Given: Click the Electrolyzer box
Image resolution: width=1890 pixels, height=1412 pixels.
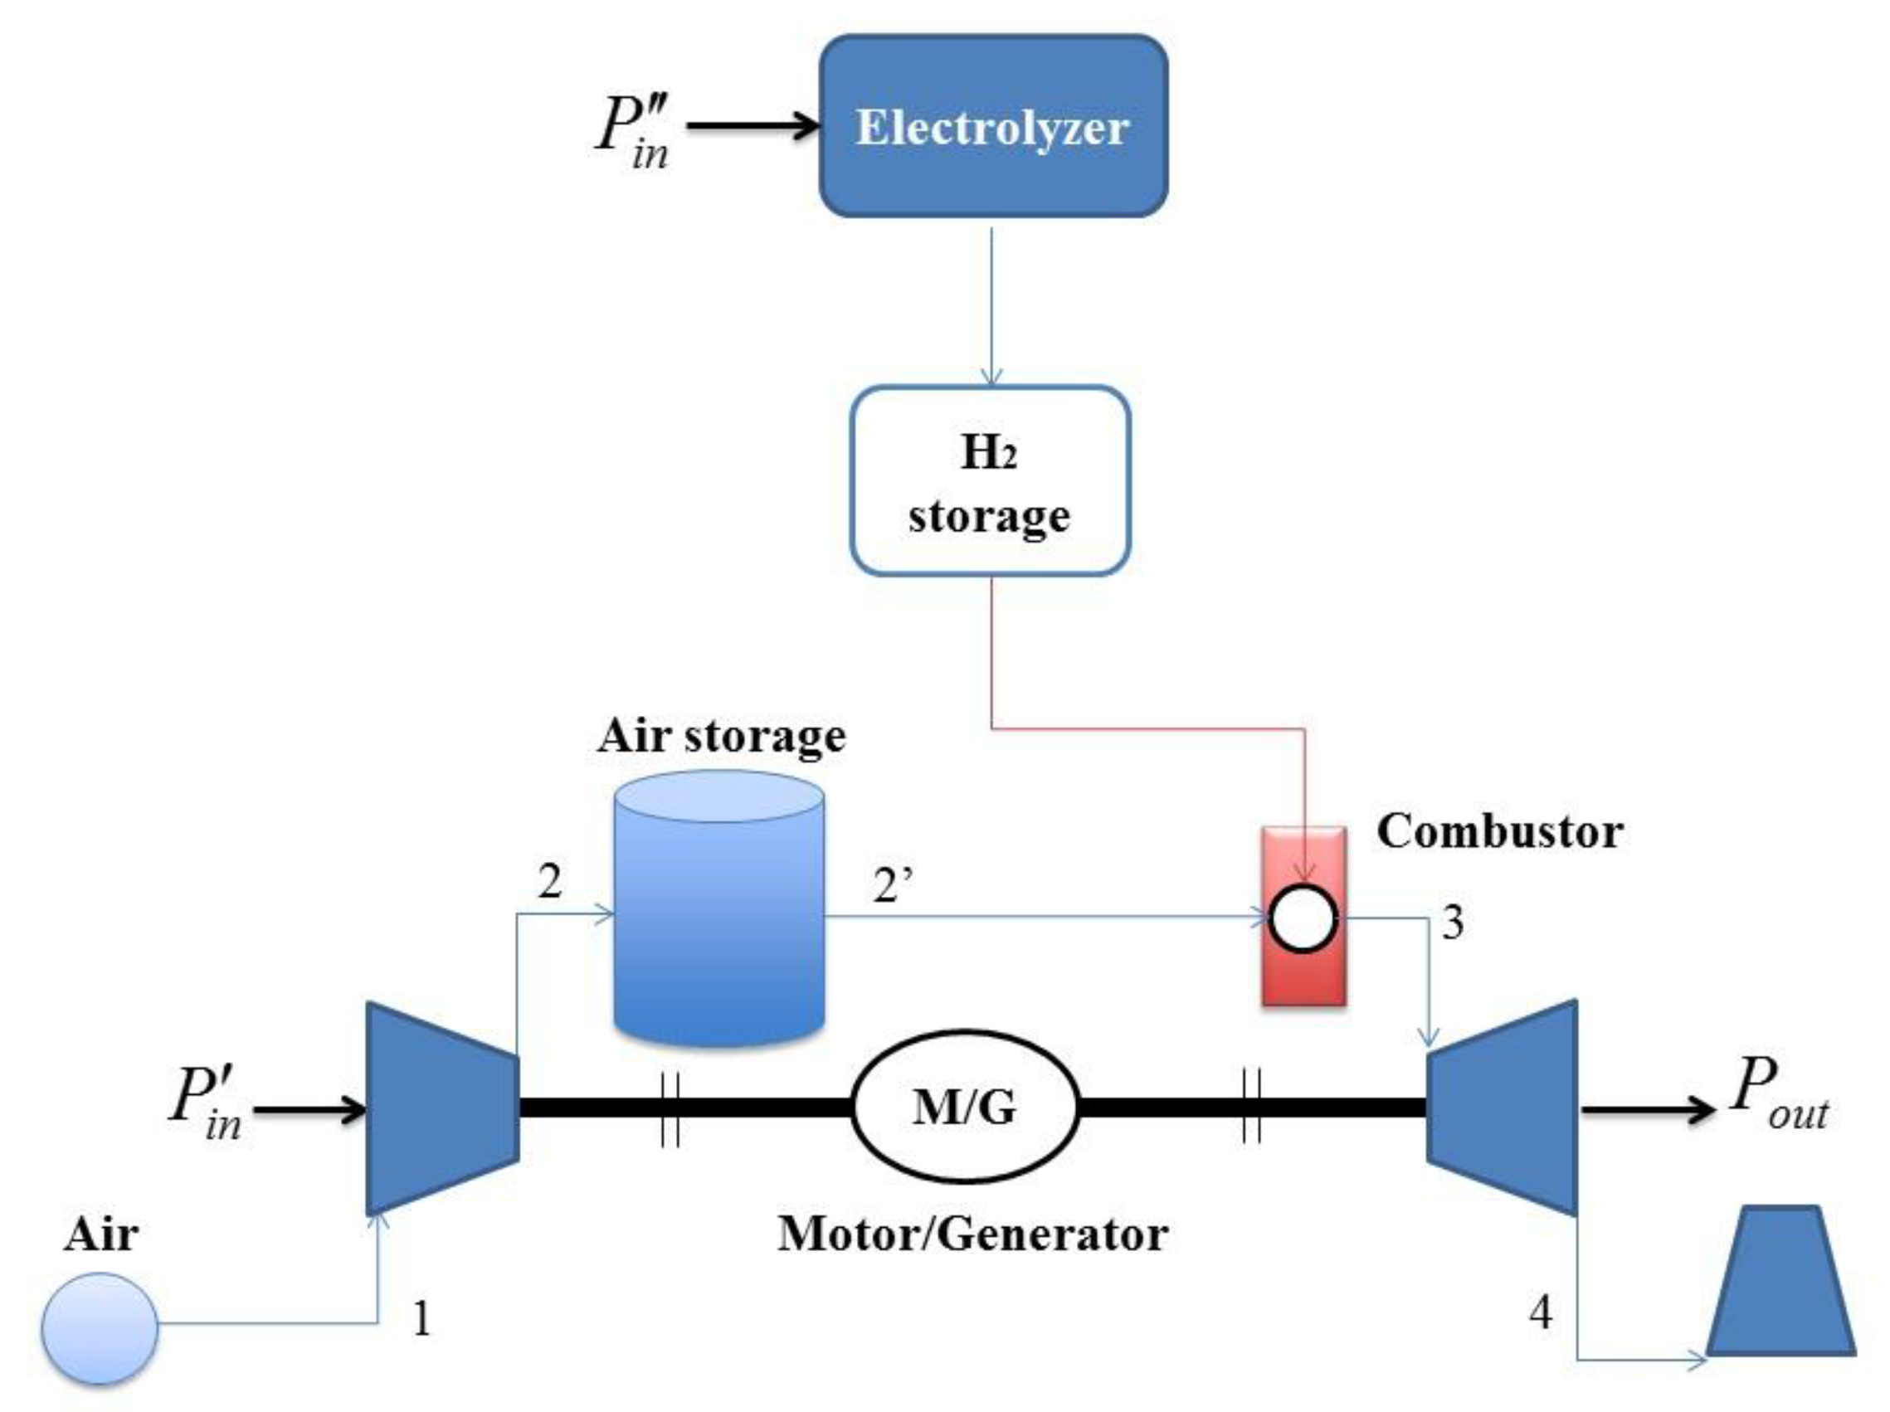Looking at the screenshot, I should point(993,126).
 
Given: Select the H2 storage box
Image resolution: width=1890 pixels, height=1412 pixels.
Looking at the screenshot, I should point(990,481).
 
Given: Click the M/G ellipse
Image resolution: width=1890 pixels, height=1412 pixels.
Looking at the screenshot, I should point(966,1107).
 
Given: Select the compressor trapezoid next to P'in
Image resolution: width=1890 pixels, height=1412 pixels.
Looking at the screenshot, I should point(442,1108).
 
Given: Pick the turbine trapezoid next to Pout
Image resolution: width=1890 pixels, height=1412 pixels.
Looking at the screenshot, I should point(1502,1107).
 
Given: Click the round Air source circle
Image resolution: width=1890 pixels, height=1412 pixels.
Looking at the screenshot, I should point(100,1327).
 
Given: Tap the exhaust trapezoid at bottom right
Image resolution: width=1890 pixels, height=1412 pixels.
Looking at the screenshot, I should point(1780,1284).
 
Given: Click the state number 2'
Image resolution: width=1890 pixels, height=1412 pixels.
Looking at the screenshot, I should point(893,887).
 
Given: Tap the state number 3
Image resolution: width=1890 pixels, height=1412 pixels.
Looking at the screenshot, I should point(1453,923).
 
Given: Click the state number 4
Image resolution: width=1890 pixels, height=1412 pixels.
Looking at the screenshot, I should point(1540,1312).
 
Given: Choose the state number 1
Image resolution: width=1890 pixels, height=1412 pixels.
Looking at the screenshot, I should point(421,1318).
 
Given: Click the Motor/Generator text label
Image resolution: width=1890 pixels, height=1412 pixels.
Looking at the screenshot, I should point(972,1234).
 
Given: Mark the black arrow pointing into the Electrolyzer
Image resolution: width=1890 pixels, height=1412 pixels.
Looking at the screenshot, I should point(752,127).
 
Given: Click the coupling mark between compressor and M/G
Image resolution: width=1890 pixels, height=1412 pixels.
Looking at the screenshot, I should point(670,1108).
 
